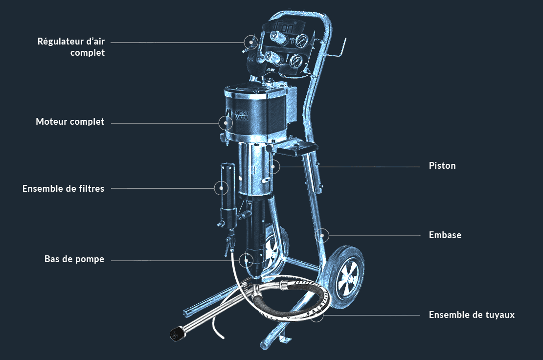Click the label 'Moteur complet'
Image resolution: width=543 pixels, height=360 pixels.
[70, 122]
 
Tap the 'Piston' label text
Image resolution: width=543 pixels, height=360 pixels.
[442, 166]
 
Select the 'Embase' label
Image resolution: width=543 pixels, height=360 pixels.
[445, 235]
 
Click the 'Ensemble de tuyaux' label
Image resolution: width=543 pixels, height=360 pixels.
[472, 315]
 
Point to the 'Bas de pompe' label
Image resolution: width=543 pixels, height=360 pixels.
[74, 259]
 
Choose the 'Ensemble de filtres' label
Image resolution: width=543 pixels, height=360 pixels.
[64, 189]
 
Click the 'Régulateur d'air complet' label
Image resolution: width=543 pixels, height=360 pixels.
[71, 47]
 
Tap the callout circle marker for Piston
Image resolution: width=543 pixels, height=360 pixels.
[273, 167]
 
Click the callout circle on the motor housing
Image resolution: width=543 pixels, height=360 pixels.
[226, 123]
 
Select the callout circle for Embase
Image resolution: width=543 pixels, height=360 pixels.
[322, 236]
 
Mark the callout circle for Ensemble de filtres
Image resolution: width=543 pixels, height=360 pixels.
[221, 188]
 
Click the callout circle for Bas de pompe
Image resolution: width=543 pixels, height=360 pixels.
[246, 260]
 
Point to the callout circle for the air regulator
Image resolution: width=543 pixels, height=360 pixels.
[251, 42]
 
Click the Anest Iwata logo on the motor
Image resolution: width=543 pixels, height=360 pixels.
[237, 114]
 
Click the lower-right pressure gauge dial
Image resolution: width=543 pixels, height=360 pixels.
[296, 61]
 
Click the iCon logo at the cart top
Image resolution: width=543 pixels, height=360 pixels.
[285, 26]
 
